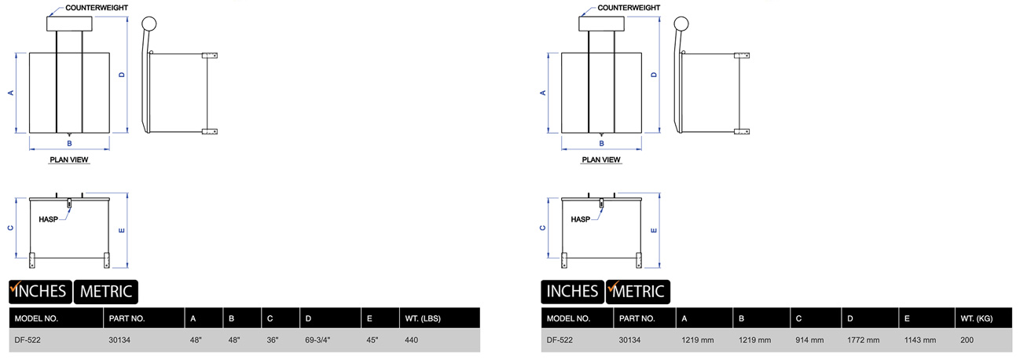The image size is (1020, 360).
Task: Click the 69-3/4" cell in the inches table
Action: (317, 340)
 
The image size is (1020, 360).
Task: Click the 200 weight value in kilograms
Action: (967, 340)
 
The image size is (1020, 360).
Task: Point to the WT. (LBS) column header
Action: (421, 318)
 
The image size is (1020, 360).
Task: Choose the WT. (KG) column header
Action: (977, 318)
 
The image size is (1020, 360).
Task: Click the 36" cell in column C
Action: (273, 340)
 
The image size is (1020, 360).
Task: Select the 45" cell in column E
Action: (372, 340)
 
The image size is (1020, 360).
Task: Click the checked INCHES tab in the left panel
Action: (39, 292)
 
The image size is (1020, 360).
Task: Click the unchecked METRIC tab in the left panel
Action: (105, 292)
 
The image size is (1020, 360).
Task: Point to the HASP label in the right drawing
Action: (580, 219)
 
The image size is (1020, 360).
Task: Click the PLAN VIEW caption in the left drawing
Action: (69, 160)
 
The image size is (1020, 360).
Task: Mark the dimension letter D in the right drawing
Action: (654, 75)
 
